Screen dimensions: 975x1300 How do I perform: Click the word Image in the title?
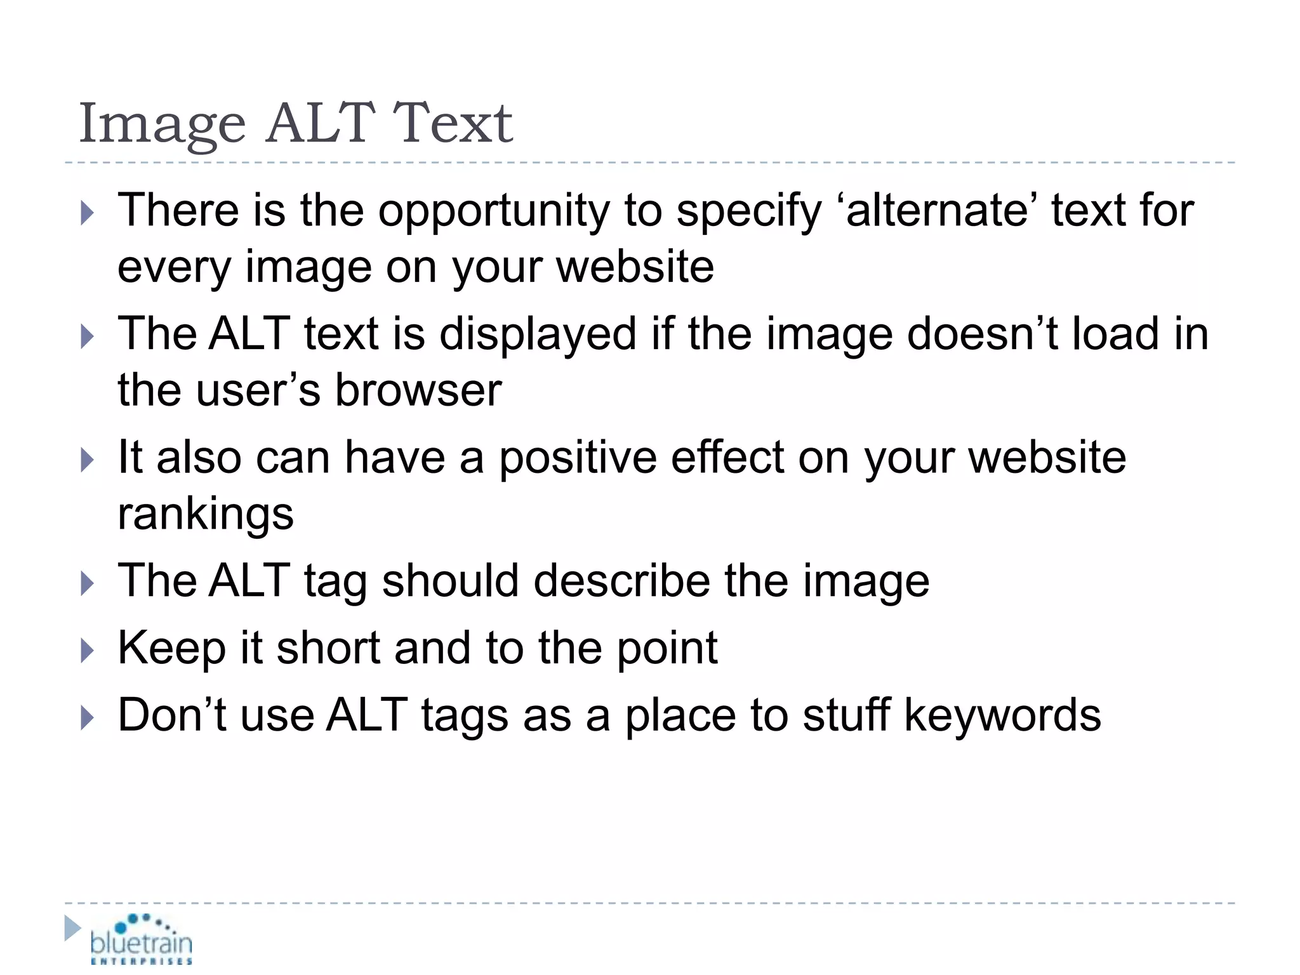pyautogui.click(x=162, y=124)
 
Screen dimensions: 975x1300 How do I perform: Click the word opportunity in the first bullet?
pyautogui.click(x=494, y=211)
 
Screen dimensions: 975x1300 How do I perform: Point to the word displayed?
pyautogui.click(x=537, y=334)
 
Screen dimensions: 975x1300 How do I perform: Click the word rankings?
pyautogui.click(x=205, y=514)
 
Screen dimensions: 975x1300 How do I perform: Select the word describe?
pyautogui.click(x=621, y=581)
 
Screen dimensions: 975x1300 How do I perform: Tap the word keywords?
pyautogui.click(x=1002, y=715)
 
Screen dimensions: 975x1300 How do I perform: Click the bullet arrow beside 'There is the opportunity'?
pyautogui.click(x=87, y=213)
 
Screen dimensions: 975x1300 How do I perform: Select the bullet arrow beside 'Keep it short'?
pyautogui.click(x=87, y=651)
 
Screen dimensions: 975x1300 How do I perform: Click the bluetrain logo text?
pyautogui.click(x=141, y=943)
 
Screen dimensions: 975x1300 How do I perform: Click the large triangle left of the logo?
pyautogui.click(x=72, y=928)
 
